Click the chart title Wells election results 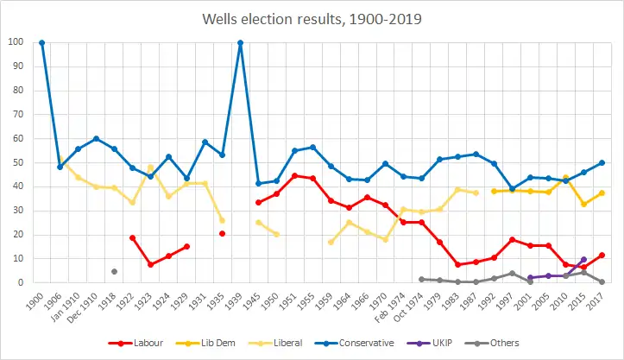click(312, 17)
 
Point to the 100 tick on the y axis click(16, 42)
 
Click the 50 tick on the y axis click(18, 162)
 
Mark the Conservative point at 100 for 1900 click(41, 42)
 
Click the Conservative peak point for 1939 click(240, 42)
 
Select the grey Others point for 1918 click(114, 271)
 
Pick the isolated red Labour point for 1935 click(222, 233)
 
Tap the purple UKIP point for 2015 click(583, 259)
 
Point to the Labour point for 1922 click(132, 237)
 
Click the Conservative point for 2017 click(602, 162)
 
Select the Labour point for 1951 click(294, 175)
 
